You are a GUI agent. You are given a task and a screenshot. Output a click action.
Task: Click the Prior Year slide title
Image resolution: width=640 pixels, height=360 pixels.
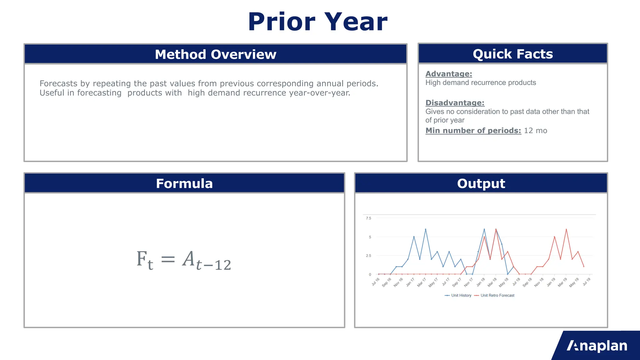(x=317, y=22)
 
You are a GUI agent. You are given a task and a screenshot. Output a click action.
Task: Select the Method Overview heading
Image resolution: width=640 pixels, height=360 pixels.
(x=216, y=54)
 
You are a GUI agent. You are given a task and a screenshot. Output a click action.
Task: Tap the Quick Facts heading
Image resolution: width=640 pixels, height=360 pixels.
(x=513, y=54)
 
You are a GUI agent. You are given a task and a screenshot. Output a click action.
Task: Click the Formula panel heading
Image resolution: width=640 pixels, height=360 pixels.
(x=184, y=183)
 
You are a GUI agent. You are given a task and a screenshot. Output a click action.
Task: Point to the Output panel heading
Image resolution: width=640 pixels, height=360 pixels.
(x=481, y=183)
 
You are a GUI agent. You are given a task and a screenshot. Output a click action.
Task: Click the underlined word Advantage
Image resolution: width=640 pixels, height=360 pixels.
(x=448, y=74)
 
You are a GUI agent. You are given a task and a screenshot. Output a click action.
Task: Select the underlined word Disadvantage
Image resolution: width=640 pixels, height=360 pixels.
(x=455, y=103)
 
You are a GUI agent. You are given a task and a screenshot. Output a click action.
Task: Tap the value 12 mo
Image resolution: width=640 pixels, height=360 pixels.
(x=535, y=131)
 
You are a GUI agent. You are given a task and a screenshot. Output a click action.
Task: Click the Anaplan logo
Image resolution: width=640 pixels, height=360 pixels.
(x=597, y=346)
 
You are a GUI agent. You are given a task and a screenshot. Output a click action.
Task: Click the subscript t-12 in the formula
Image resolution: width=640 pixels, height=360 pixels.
(x=213, y=265)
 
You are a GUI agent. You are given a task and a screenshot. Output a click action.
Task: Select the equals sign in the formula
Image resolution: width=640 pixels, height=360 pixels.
(x=168, y=259)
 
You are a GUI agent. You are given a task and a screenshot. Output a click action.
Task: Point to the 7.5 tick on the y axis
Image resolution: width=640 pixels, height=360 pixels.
(x=368, y=218)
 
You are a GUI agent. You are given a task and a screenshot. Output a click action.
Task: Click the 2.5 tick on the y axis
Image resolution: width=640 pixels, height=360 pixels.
(x=368, y=256)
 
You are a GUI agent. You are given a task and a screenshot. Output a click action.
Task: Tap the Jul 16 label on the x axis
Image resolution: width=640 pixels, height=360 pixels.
(x=376, y=282)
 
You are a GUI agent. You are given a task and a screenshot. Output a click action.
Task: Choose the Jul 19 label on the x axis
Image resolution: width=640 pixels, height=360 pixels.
(x=587, y=282)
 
